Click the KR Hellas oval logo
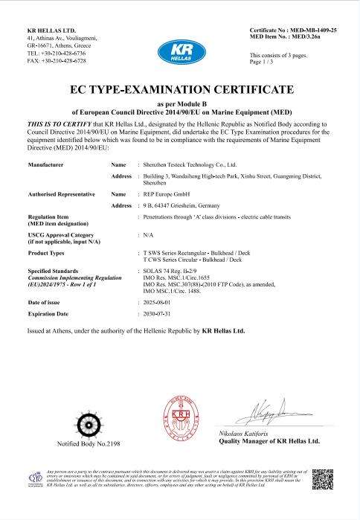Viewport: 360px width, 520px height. pos(181,53)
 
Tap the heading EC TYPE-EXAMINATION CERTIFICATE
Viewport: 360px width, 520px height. pos(180,90)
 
